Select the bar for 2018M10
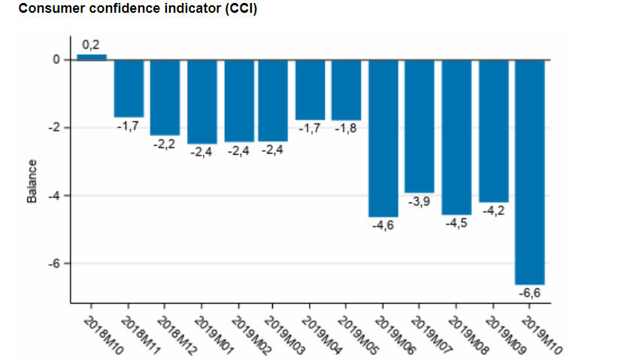[92, 56]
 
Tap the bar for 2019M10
[529, 171]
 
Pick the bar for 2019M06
[383, 138]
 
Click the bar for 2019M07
[419, 126]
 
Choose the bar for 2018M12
[165, 97]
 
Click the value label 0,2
[92, 45]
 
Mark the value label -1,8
[347, 129]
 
